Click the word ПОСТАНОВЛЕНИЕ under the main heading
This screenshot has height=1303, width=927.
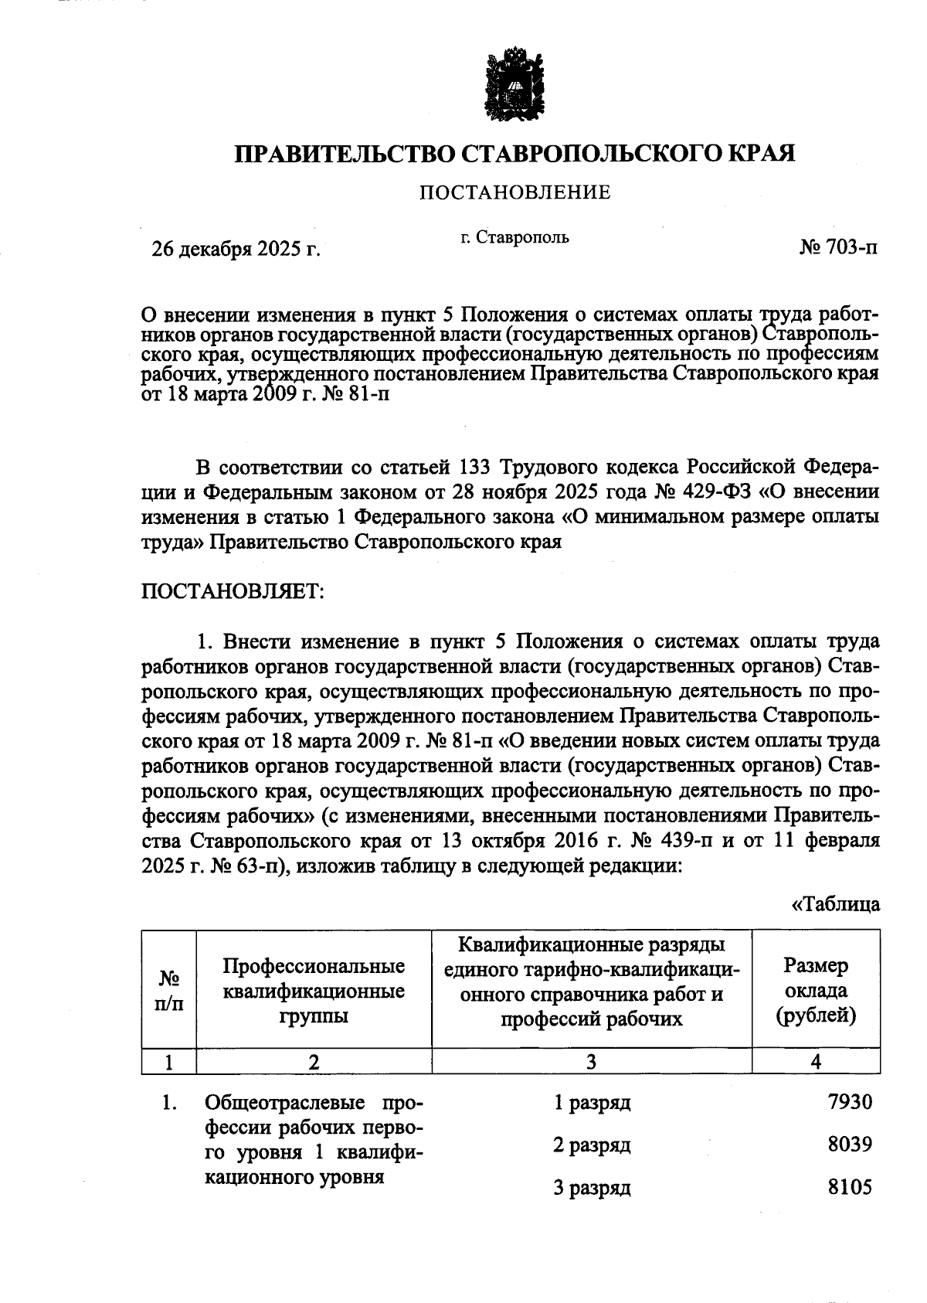514,192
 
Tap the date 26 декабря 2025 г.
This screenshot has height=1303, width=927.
236,248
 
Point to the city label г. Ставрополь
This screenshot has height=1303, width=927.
514,237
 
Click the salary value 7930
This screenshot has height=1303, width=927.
850,1101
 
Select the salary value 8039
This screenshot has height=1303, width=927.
850,1144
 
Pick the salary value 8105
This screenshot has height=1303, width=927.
850,1186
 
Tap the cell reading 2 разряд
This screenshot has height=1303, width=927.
592,1145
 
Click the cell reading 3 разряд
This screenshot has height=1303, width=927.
592,1187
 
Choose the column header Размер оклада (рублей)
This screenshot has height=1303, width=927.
816,990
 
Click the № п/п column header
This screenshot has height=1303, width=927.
169,990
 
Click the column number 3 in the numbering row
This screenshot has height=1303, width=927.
591,1062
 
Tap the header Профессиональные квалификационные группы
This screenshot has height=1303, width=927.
314,990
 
